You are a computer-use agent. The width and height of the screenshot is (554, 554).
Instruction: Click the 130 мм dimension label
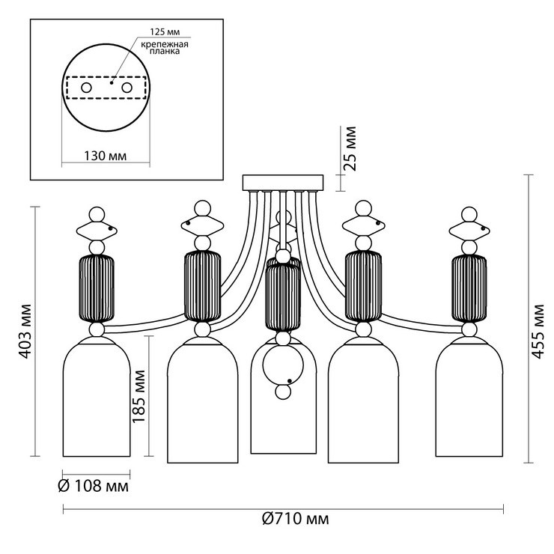tap(104, 156)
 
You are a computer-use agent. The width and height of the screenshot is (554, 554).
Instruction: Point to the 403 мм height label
tap(26, 331)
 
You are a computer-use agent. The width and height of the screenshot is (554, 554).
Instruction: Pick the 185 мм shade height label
tap(139, 397)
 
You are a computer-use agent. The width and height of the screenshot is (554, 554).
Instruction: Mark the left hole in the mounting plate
tap(86, 88)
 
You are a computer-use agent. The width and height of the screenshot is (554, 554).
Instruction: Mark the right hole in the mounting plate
tap(127, 88)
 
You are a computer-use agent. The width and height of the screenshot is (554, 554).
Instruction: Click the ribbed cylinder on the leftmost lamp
tap(96, 288)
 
